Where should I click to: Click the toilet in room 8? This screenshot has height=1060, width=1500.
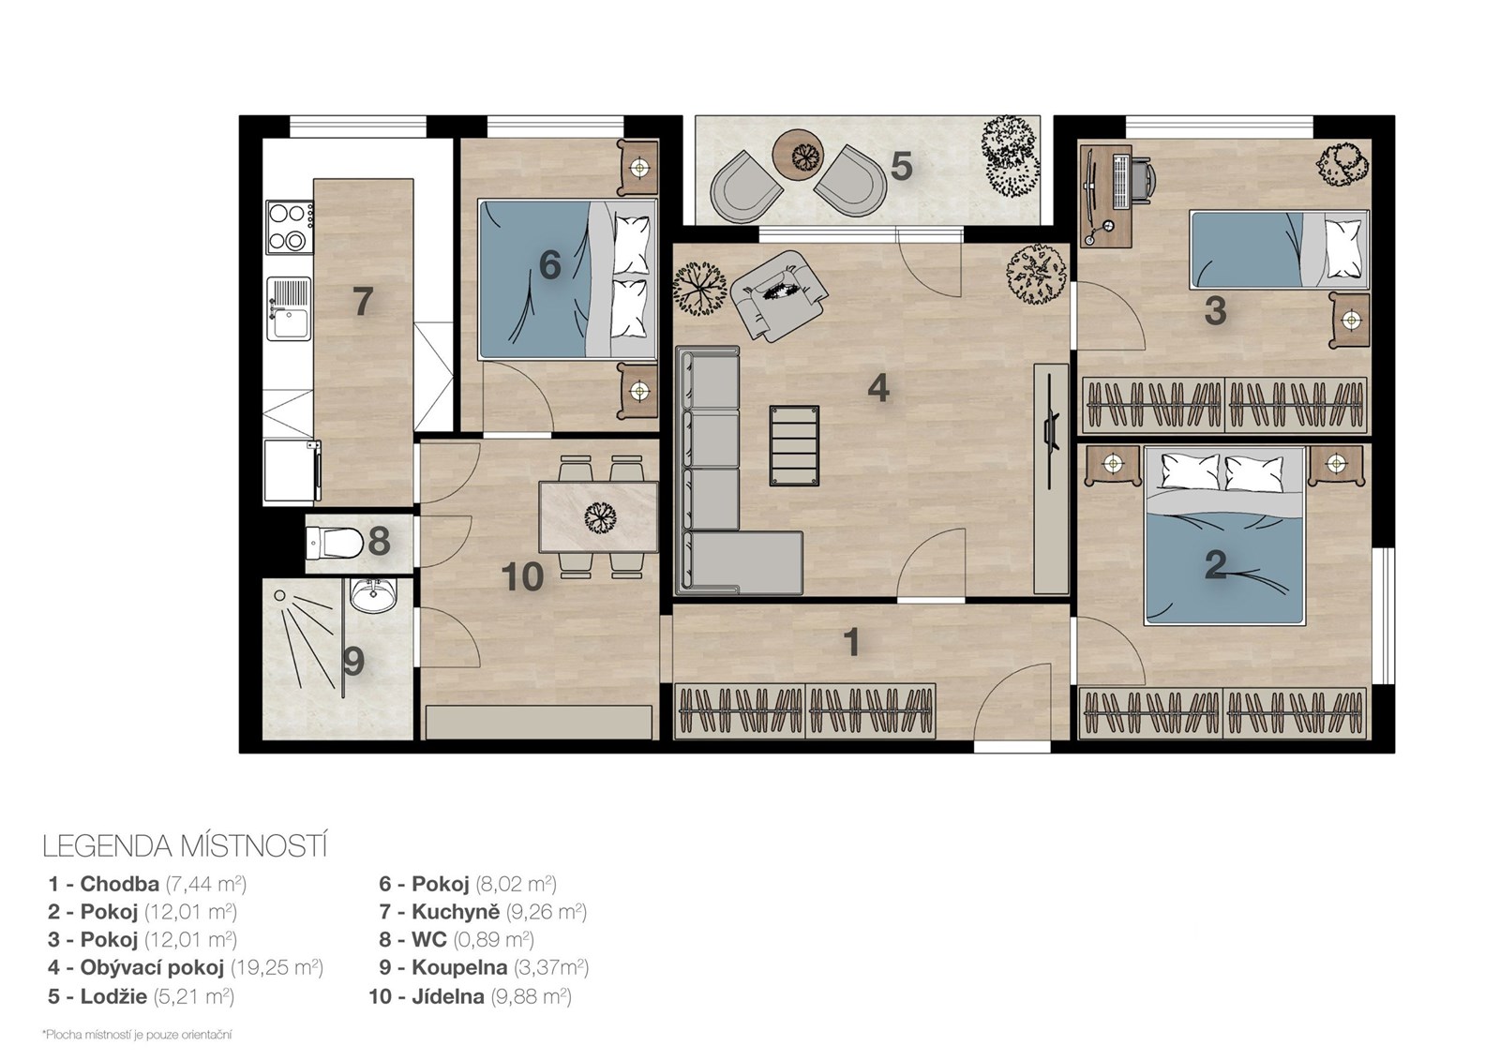(334, 543)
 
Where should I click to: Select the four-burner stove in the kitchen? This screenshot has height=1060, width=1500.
(290, 228)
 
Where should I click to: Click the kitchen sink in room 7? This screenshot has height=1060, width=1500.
(290, 309)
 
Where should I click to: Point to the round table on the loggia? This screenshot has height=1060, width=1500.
(798, 156)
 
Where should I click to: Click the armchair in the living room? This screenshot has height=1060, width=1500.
(779, 294)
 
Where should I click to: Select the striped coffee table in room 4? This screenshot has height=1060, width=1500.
(794, 444)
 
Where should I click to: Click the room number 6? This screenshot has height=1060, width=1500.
(549, 266)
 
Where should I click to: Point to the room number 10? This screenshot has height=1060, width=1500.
(522, 577)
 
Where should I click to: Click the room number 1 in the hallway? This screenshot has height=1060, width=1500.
(851, 642)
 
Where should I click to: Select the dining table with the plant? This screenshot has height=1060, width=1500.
(598, 516)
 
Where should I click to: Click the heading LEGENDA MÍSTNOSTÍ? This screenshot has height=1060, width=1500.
(185, 846)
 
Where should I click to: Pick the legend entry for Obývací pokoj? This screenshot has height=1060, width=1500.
(186, 967)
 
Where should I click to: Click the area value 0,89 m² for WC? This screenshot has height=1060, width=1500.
(493, 939)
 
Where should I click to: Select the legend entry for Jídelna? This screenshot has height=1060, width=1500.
(470, 996)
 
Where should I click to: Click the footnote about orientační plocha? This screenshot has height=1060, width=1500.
(137, 1035)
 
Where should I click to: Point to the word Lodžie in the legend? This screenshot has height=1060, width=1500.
(113, 996)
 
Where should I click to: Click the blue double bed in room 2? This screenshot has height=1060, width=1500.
(1224, 536)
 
